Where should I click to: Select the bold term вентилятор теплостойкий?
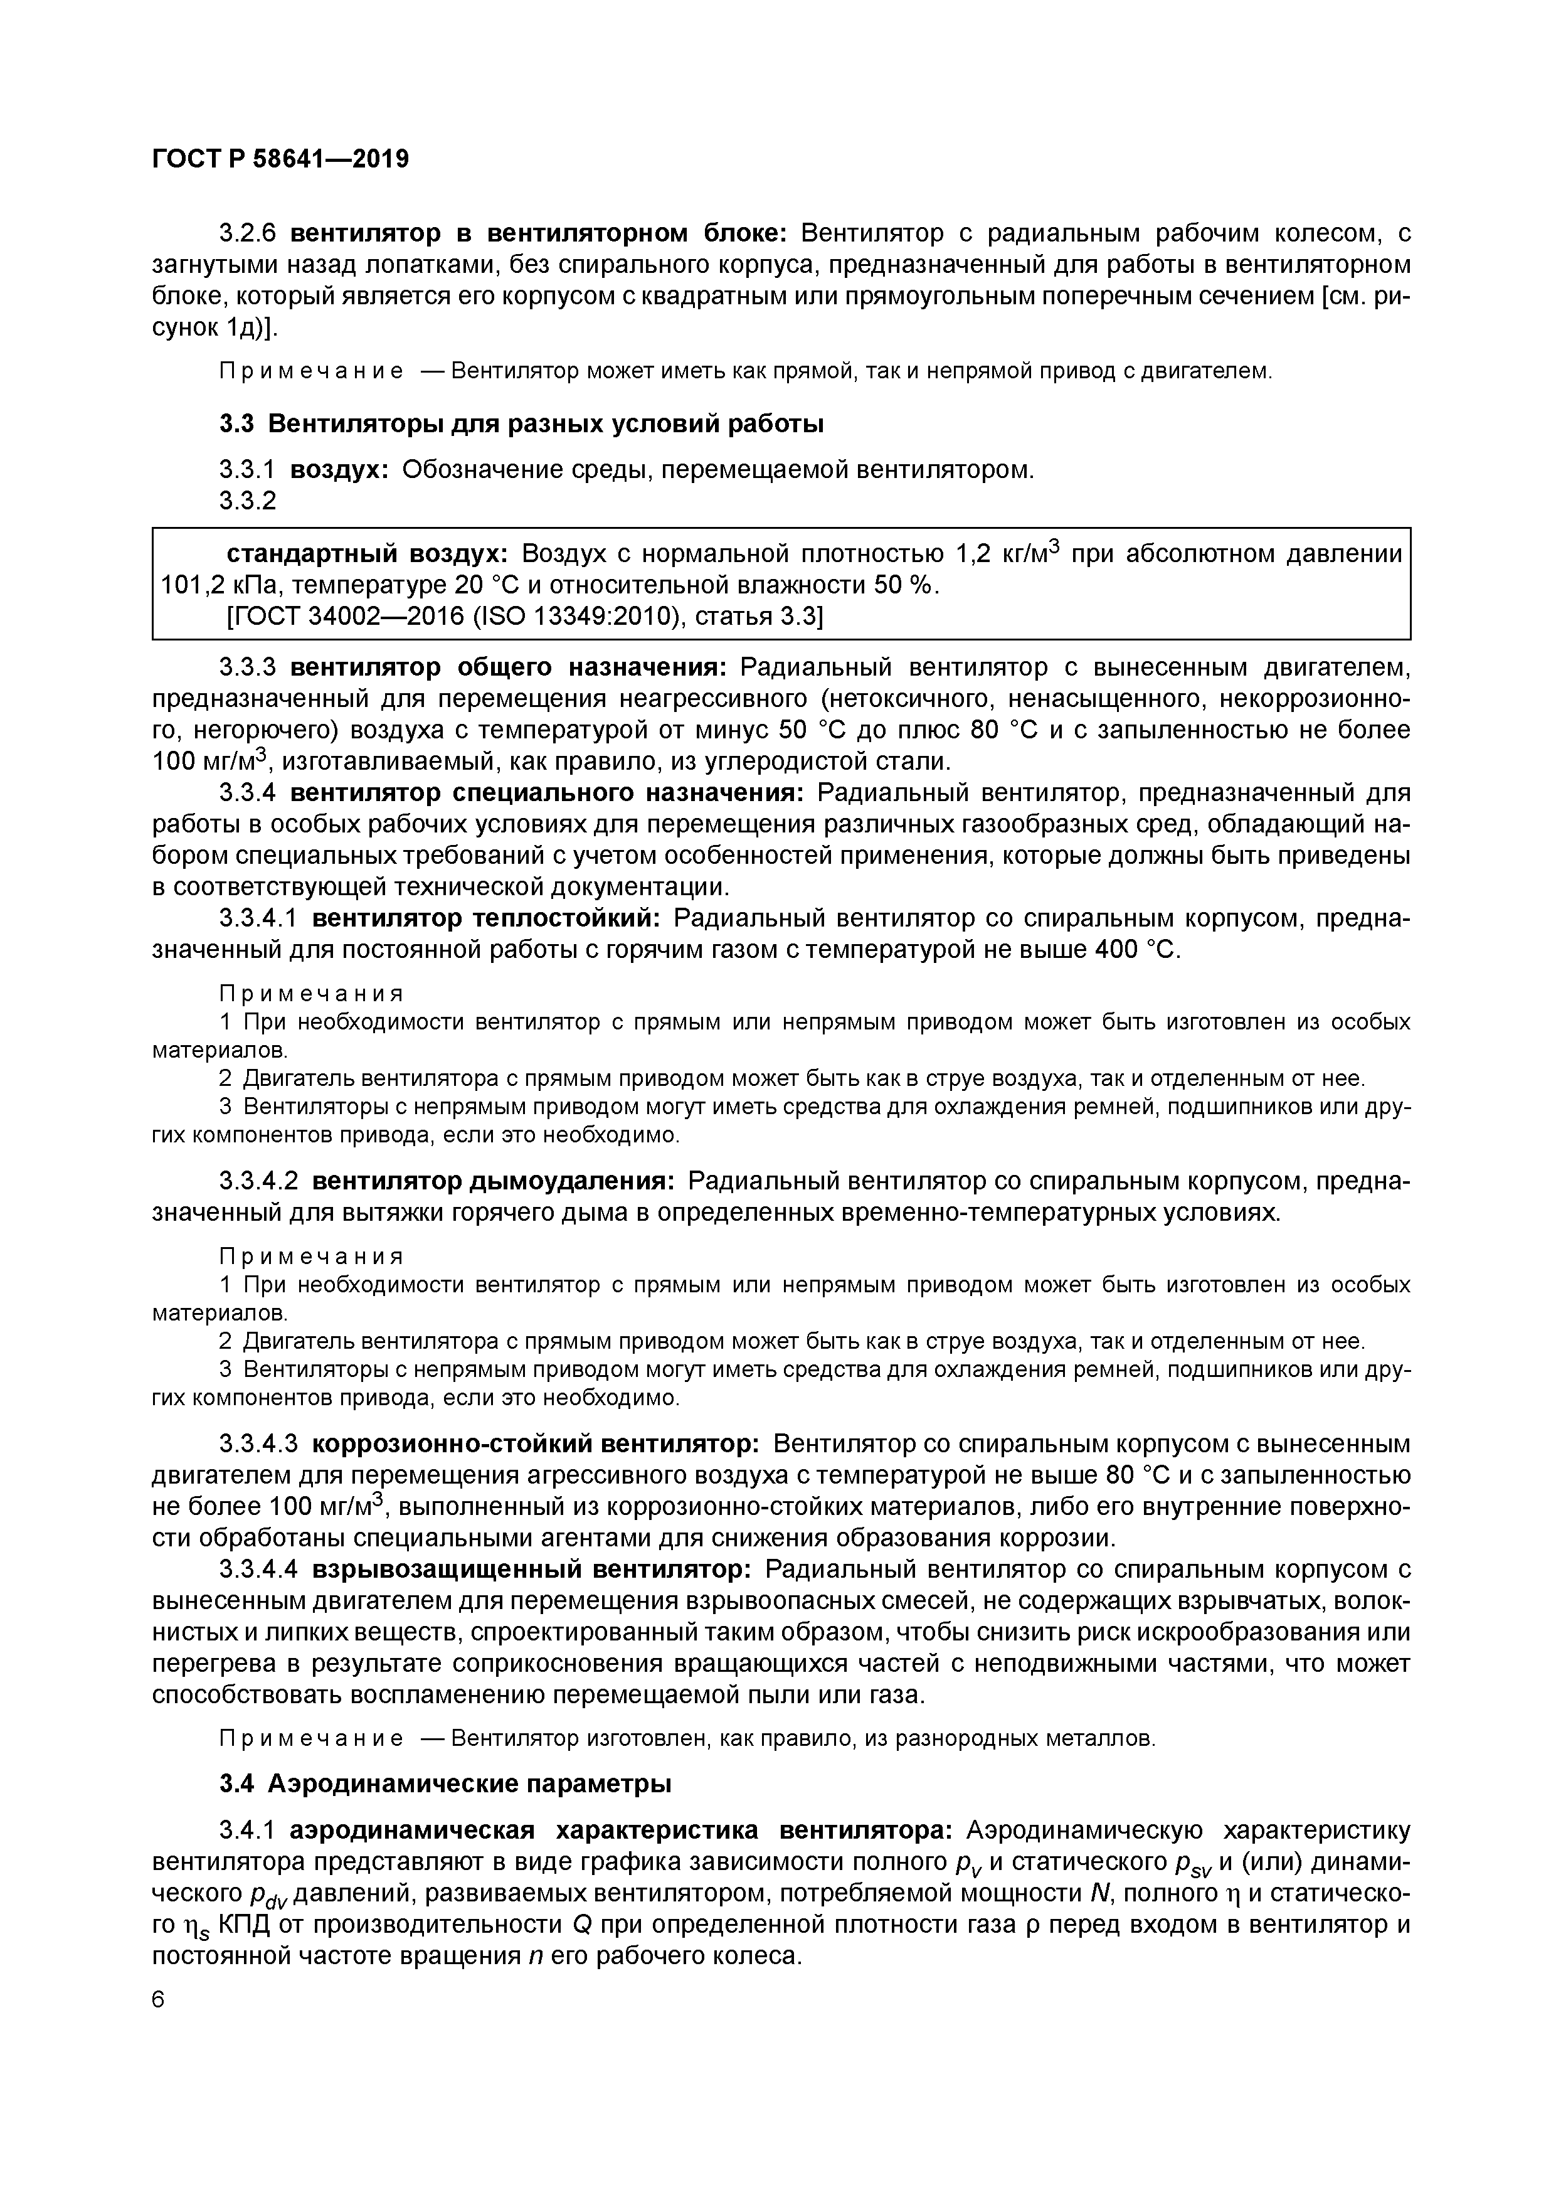point(487,919)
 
